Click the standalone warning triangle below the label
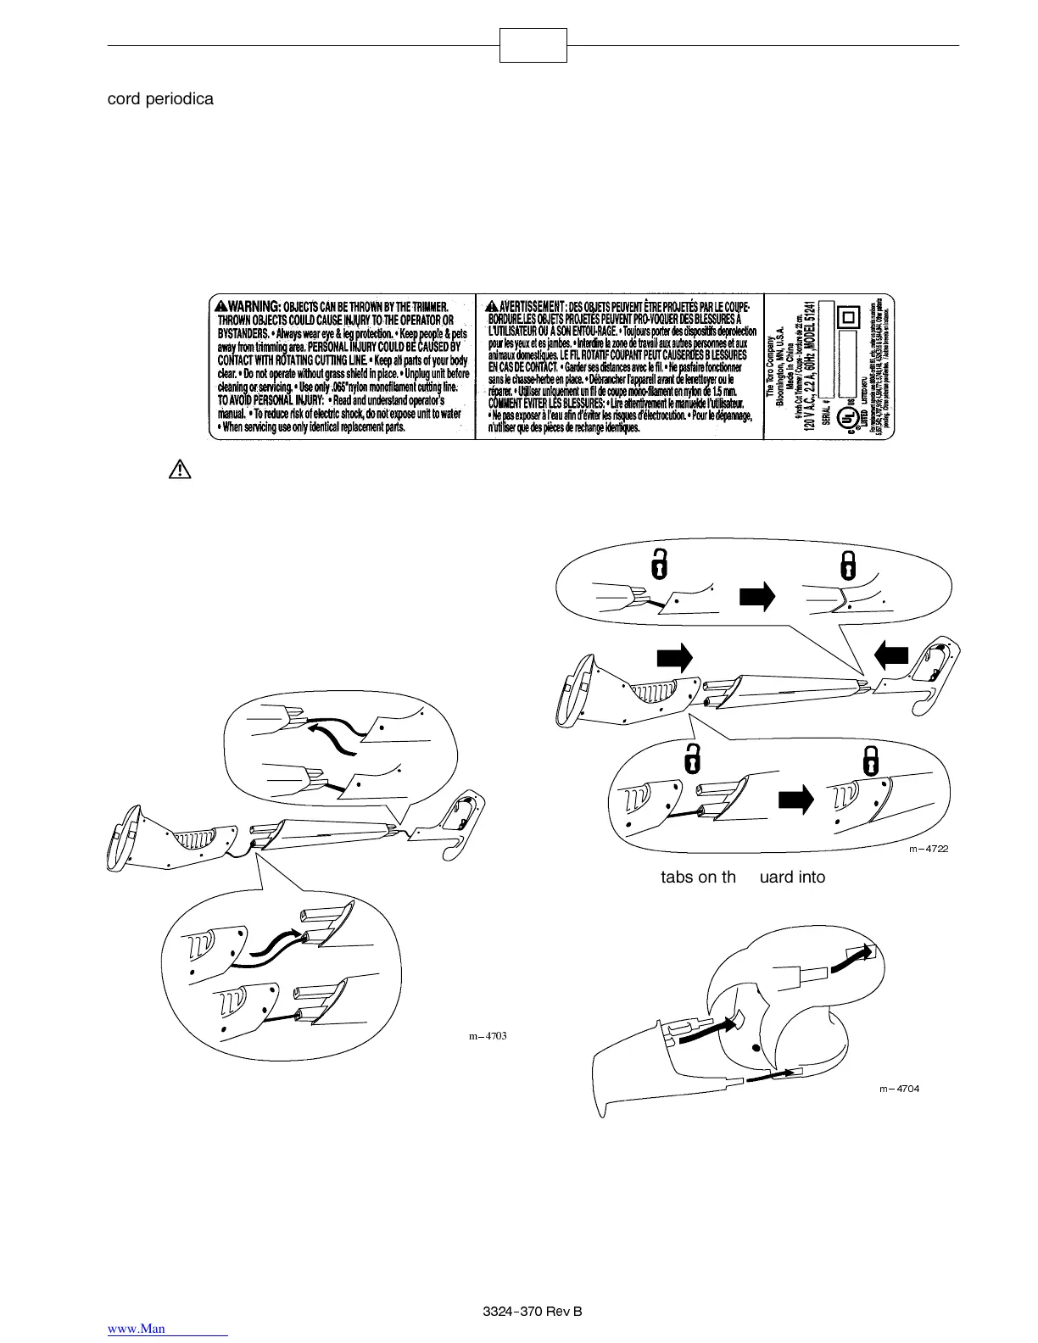tap(179, 469)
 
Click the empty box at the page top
tap(533, 45)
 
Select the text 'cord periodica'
tap(160, 98)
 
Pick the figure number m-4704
tap(899, 1089)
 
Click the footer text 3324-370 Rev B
tap(532, 1312)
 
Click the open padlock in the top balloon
tap(657, 563)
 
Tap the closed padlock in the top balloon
tap(846, 563)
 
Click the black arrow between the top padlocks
tap(757, 597)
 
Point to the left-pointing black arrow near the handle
tap(890, 655)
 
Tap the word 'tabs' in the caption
tap(677, 877)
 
